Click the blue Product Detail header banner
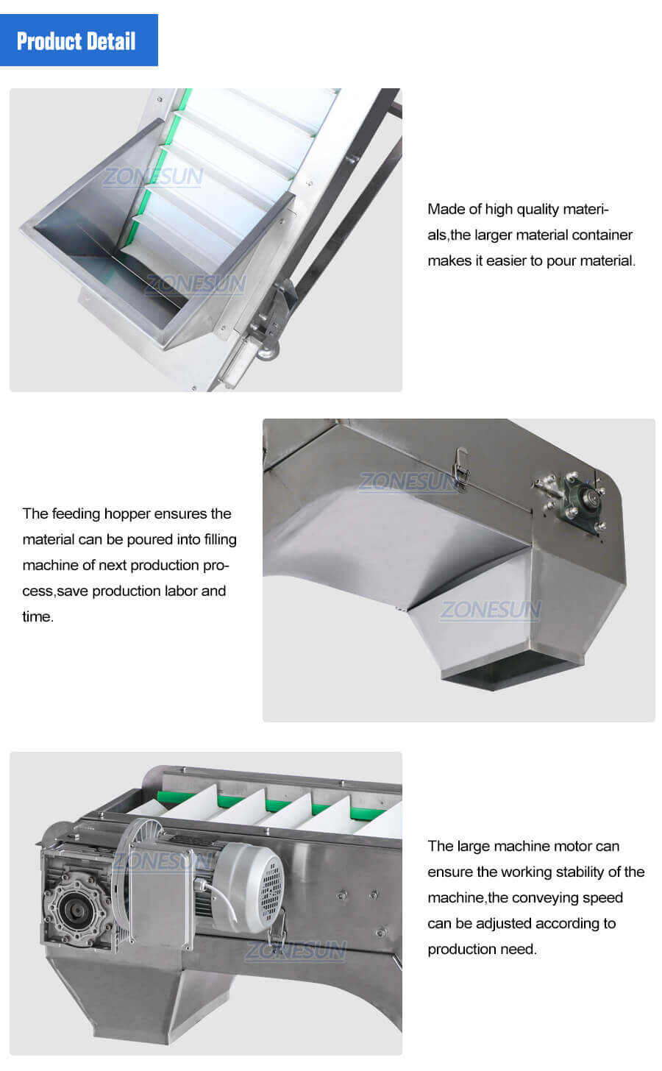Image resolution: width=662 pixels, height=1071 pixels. click(79, 40)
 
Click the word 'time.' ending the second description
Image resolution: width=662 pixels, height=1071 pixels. click(38, 616)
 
